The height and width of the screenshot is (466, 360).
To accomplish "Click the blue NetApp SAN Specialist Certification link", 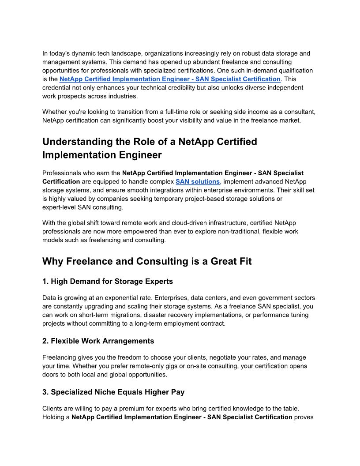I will click(170, 79).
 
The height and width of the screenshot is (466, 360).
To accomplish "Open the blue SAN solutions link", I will click(198, 181).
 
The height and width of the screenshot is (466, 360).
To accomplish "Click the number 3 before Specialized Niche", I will click(45, 392).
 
